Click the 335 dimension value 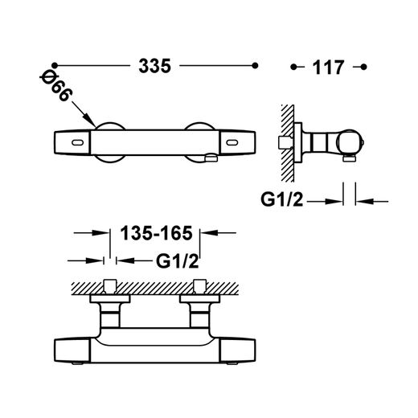[x=154, y=66]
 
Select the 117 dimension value [x=328, y=68]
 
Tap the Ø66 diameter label [x=56, y=87]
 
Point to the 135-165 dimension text [x=156, y=233]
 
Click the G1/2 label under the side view [x=282, y=199]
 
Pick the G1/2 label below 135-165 [x=178, y=261]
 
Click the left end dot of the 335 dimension [x=55, y=65]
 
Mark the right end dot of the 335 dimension [x=255, y=65]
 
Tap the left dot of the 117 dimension [x=293, y=67]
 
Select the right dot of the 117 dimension [x=363, y=67]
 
